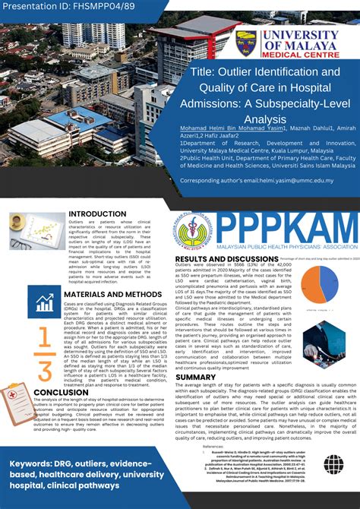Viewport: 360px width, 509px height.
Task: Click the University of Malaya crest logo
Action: pos(247,43)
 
